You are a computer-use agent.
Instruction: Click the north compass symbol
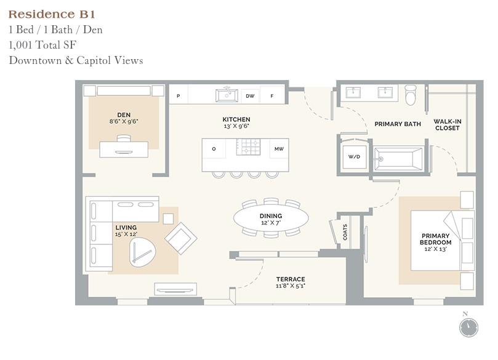tap(468, 327)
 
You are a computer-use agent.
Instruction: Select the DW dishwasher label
tap(250, 96)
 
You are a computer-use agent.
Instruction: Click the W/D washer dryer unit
tap(354, 157)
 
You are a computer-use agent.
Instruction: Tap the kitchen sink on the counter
tap(227, 95)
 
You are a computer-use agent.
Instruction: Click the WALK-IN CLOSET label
tap(447, 124)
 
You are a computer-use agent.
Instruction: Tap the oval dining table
tap(271, 217)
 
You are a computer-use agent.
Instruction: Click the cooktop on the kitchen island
tap(250, 148)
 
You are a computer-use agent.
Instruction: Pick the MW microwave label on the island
tap(279, 148)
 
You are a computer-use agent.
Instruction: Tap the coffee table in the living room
tap(144, 253)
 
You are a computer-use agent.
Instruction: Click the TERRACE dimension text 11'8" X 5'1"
tap(291, 286)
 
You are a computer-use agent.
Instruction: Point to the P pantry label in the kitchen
tap(179, 96)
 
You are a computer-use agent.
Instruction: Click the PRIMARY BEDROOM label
tap(435, 239)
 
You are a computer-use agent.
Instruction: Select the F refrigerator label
tap(271, 96)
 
